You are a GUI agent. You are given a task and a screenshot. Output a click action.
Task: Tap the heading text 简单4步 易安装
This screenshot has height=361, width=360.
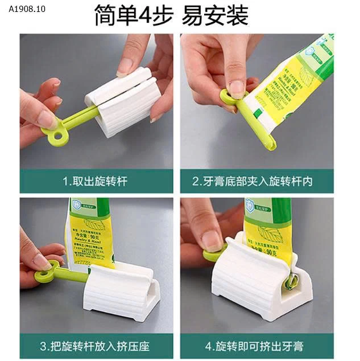pyautogui.click(x=171, y=16)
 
